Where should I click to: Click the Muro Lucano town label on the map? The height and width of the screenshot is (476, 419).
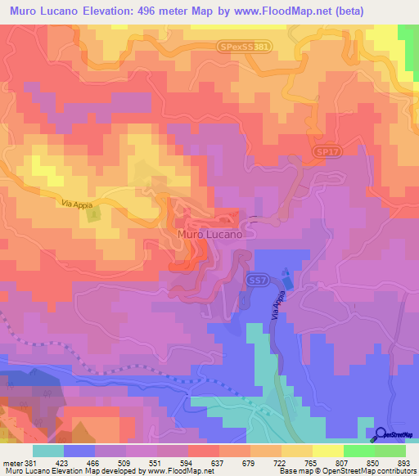(209, 234)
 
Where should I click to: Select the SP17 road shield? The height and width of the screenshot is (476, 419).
(327, 153)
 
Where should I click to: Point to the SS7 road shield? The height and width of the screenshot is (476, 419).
(255, 280)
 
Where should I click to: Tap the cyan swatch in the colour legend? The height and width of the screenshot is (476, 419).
(48, 450)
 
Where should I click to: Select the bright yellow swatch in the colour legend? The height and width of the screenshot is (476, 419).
(327, 450)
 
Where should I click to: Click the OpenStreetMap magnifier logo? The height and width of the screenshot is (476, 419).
(380, 434)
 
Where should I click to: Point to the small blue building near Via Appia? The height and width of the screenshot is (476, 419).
(286, 274)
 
